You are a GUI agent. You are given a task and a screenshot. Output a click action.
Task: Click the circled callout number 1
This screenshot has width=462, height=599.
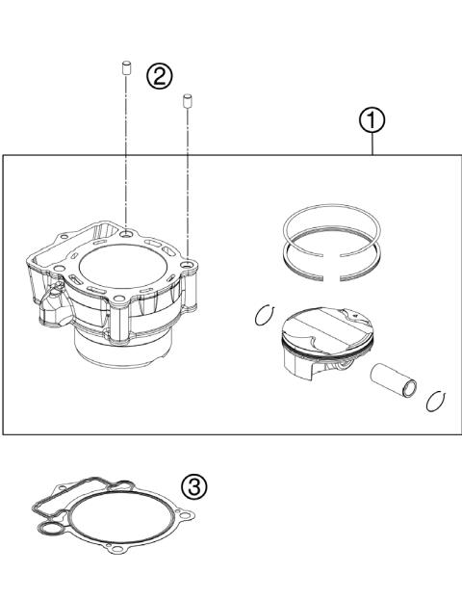(373, 120)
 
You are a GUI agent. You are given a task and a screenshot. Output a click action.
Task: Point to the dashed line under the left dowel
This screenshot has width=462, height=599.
(126, 144)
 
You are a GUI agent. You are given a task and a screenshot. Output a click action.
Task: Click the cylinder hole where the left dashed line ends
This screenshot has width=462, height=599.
(128, 232)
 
